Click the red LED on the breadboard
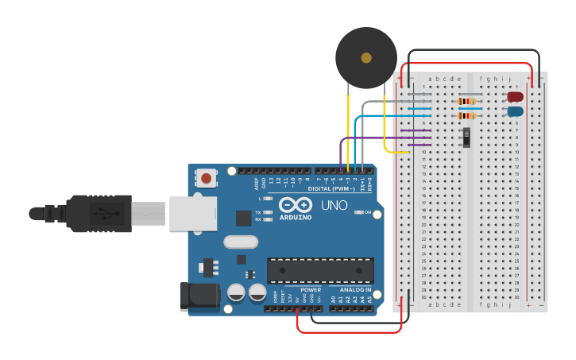coord(516,97)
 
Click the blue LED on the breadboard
coord(516,111)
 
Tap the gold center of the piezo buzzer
coord(365,58)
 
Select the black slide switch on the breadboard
coord(467,137)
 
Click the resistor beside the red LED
coord(467,101)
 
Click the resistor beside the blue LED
coord(467,116)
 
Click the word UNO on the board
coord(334,205)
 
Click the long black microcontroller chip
coord(320,269)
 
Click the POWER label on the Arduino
coord(311,290)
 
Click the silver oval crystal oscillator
coord(242,242)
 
